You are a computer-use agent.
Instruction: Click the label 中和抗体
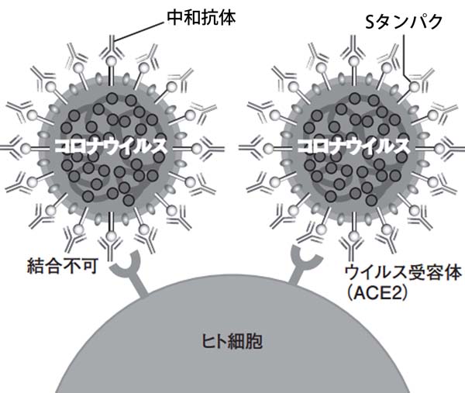coord(201,18)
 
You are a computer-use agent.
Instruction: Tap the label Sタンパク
coord(404,22)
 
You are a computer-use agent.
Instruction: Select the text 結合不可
coord(62,266)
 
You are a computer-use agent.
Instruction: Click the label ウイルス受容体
coord(403,273)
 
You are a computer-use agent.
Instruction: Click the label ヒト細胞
coord(232,341)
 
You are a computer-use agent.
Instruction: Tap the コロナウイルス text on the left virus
coord(110,147)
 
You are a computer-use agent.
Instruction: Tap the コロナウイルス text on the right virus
coord(353,147)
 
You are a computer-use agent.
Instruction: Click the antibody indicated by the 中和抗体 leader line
coord(111,47)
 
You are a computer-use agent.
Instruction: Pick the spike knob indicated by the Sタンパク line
coord(415,87)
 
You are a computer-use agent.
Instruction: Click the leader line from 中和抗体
coord(139,31)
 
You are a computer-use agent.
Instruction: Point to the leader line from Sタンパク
coord(405,57)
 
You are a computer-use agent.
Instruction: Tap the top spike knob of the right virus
coord(353,61)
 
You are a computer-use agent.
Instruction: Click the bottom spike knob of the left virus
coord(111,236)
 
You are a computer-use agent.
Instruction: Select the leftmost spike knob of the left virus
coord(26,148)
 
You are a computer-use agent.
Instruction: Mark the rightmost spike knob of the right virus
coord(440,149)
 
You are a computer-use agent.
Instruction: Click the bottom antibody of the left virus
coord(110,249)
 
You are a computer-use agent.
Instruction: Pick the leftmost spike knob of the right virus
coord(269,148)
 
